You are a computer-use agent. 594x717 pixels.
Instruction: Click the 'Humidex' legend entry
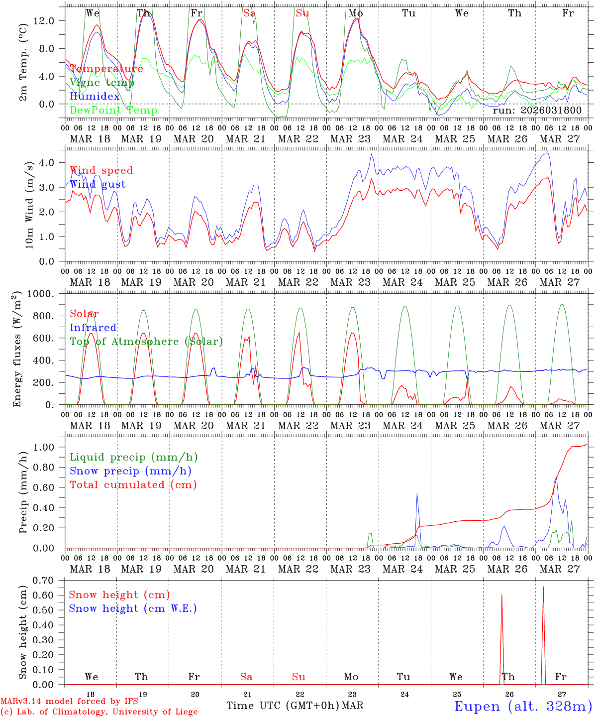coord(95,97)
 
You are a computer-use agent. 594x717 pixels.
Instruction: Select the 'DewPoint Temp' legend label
coord(113,111)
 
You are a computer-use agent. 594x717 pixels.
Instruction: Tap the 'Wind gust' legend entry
coord(98,184)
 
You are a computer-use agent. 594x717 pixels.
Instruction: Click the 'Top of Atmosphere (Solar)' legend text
coord(146,342)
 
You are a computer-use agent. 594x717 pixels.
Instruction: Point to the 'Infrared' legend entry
coord(93,328)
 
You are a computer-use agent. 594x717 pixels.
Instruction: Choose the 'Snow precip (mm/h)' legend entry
coord(130,471)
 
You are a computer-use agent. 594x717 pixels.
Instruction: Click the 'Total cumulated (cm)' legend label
coord(133,484)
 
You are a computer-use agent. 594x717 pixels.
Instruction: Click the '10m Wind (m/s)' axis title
coord(28,205)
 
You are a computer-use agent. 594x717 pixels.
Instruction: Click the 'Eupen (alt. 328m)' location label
coord(522,706)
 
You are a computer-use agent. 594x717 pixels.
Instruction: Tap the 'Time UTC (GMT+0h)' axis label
coord(283,706)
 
